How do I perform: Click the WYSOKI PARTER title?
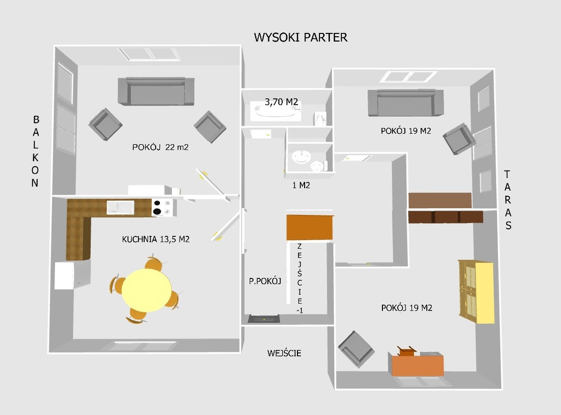(301, 37)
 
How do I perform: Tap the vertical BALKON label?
(35, 151)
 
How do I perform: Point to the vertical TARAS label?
(508, 200)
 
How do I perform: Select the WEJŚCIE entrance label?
(284, 353)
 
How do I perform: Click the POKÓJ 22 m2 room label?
(161, 147)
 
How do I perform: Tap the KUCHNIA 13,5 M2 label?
(156, 239)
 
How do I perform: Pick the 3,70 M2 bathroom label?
(281, 102)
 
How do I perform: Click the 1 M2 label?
(301, 185)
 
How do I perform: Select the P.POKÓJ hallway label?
(265, 281)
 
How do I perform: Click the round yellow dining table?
(147, 290)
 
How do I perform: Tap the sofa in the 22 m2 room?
(156, 91)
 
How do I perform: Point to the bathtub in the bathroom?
(276, 111)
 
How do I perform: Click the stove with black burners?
(163, 208)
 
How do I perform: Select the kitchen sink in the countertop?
(120, 207)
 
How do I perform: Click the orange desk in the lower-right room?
(417, 364)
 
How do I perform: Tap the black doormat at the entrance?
(264, 319)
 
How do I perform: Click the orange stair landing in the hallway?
(310, 228)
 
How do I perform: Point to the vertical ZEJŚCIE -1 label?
(300, 278)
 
